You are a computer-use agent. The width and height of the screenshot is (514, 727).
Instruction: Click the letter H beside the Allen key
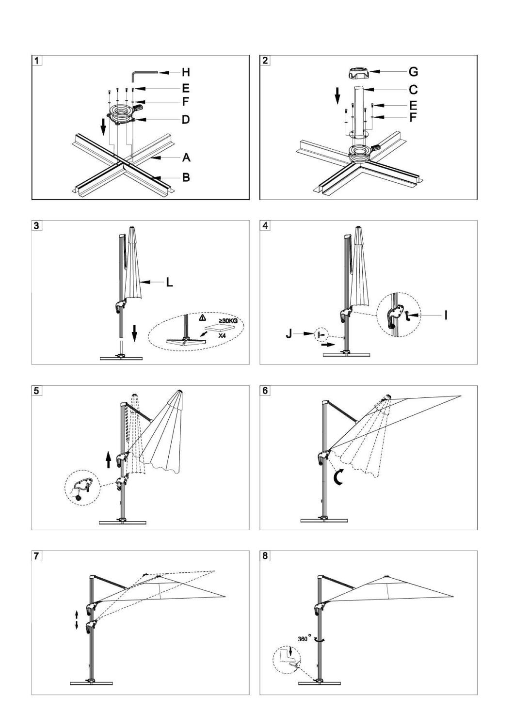[186, 73]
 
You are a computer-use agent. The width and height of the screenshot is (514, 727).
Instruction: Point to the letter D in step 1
[186, 119]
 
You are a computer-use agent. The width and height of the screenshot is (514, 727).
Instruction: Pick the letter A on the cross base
[186, 158]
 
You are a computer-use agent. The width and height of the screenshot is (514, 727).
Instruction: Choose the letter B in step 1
[186, 177]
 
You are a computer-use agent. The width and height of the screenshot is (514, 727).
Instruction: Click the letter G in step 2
[413, 72]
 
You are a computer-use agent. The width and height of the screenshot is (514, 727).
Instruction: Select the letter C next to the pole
[413, 90]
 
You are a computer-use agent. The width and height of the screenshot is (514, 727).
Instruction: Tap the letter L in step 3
[169, 282]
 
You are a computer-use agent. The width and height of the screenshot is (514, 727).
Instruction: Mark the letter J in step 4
[289, 334]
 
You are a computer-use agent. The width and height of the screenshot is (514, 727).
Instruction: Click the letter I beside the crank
[446, 316]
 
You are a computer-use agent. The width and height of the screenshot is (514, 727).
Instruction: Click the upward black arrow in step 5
[109, 459]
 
